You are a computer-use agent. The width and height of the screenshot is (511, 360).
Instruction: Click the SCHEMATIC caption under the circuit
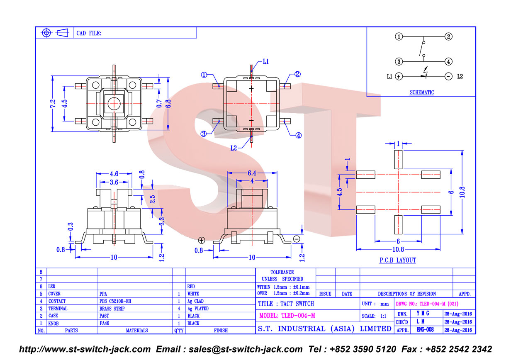click(422, 92)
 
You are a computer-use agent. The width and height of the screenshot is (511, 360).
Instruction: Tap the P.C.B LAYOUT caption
click(398, 260)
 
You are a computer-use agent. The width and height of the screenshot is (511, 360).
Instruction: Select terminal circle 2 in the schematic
click(448, 36)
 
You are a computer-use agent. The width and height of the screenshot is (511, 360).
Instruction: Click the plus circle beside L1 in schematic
click(399, 76)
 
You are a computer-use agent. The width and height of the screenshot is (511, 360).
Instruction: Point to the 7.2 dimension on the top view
click(53, 103)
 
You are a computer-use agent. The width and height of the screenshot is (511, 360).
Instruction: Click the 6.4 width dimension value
click(252, 173)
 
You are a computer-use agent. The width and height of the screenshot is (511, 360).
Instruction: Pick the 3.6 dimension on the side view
click(114, 182)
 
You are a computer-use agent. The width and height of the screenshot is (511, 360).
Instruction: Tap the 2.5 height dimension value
click(152, 199)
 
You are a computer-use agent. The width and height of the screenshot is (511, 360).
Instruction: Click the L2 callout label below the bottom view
click(234, 148)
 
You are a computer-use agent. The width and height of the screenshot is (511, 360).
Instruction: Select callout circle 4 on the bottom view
click(299, 136)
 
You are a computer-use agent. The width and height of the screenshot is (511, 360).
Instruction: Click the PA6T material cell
click(104, 316)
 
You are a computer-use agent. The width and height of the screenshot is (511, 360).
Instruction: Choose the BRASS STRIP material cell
click(112, 309)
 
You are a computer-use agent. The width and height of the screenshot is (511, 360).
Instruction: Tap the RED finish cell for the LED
click(191, 287)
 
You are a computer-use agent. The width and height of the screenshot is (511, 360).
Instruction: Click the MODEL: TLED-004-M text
click(287, 316)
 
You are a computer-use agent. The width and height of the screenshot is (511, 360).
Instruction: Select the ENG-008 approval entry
click(425, 330)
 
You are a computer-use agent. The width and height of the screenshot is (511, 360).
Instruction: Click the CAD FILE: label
click(89, 33)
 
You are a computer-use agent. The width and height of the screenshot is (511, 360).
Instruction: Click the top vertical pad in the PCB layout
click(398, 159)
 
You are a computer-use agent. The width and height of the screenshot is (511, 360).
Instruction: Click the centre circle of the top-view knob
click(114, 104)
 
